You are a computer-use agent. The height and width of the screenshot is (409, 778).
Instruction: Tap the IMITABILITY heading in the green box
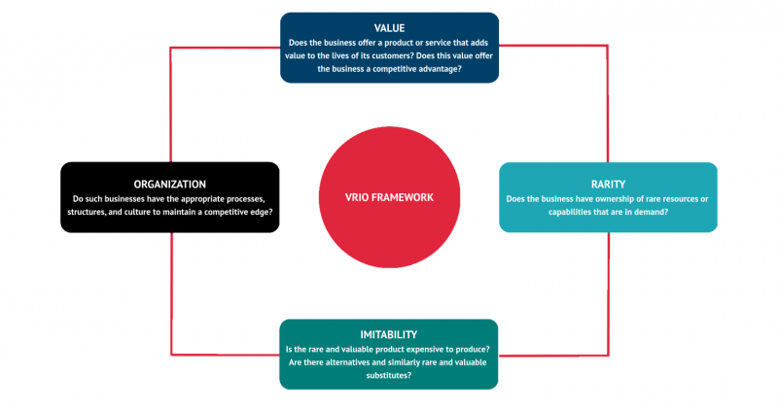point(389,335)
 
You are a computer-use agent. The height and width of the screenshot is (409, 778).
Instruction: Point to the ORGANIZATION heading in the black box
point(170,183)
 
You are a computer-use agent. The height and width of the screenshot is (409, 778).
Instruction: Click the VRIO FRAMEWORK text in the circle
point(389,197)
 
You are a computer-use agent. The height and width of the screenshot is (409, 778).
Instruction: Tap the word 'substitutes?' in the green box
point(389,375)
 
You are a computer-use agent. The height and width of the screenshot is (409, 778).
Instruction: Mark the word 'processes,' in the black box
point(240,199)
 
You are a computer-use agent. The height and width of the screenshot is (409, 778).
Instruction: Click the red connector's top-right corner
point(608,45)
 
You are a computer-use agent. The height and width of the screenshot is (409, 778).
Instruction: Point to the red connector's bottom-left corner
point(171,354)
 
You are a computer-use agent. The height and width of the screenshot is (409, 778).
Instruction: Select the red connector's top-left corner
point(171,45)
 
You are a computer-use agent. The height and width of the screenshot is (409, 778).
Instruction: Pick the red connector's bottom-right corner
point(608,354)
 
